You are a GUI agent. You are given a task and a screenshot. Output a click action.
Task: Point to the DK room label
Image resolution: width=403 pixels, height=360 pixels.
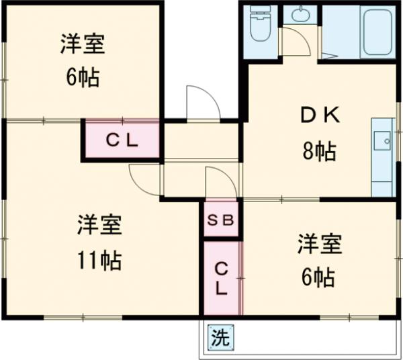(x=320, y=116)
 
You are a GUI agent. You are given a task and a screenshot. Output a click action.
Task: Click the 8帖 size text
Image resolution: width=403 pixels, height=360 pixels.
(x=318, y=152)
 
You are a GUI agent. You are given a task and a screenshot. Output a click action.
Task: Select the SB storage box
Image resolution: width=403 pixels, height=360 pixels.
(x=220, y=219)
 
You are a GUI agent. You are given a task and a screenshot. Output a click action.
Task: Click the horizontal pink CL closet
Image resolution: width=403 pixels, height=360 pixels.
(x=122, y=140)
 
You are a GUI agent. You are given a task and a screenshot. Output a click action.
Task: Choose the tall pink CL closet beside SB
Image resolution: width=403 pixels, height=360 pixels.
(x=221, y=278)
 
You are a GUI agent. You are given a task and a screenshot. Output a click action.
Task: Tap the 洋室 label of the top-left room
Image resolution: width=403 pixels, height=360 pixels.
(x=83, y=46)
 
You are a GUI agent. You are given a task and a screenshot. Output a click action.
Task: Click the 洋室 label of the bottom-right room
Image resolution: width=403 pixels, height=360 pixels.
(x=320, y=243)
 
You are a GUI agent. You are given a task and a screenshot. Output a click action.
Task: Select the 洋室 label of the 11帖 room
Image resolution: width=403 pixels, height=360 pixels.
(x=98, y=224)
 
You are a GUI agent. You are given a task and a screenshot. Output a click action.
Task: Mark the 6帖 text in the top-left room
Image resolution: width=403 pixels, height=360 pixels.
(x=82, y=78)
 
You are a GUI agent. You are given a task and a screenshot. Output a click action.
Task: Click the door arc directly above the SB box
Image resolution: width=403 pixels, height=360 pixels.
(x=219, y=182)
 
